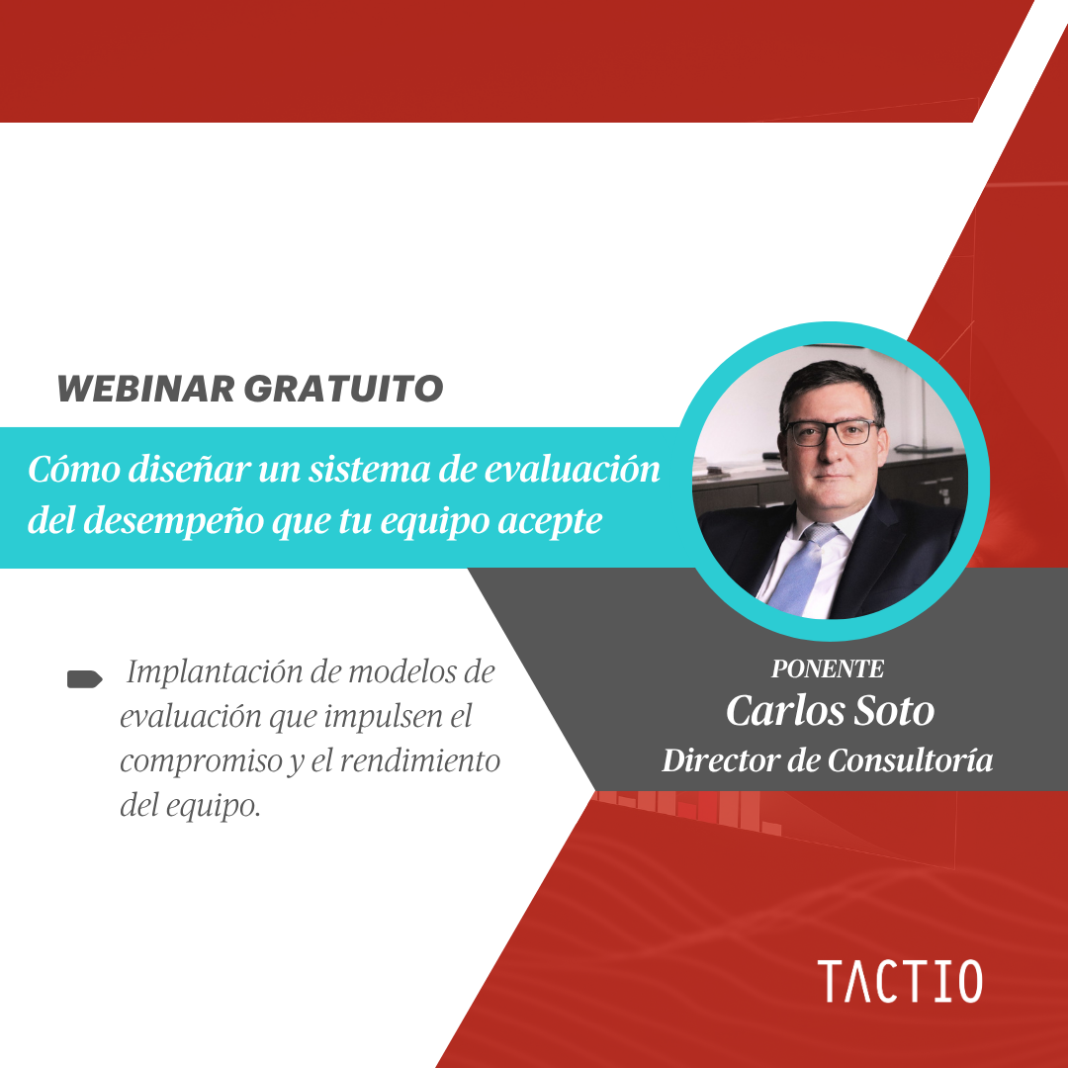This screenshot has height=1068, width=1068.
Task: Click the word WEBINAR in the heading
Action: coord(146,389)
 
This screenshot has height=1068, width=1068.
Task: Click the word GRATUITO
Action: coord(344,389)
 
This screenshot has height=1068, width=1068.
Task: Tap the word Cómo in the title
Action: coord(73,470)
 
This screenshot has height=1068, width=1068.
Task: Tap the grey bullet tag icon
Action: coord(84,679)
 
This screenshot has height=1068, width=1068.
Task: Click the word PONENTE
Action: coord(828,669)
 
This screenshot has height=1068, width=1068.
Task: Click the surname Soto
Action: coord(894,711)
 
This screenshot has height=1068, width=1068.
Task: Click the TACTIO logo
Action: coord(900,982)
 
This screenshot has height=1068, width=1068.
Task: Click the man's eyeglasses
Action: coord(834,433)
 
